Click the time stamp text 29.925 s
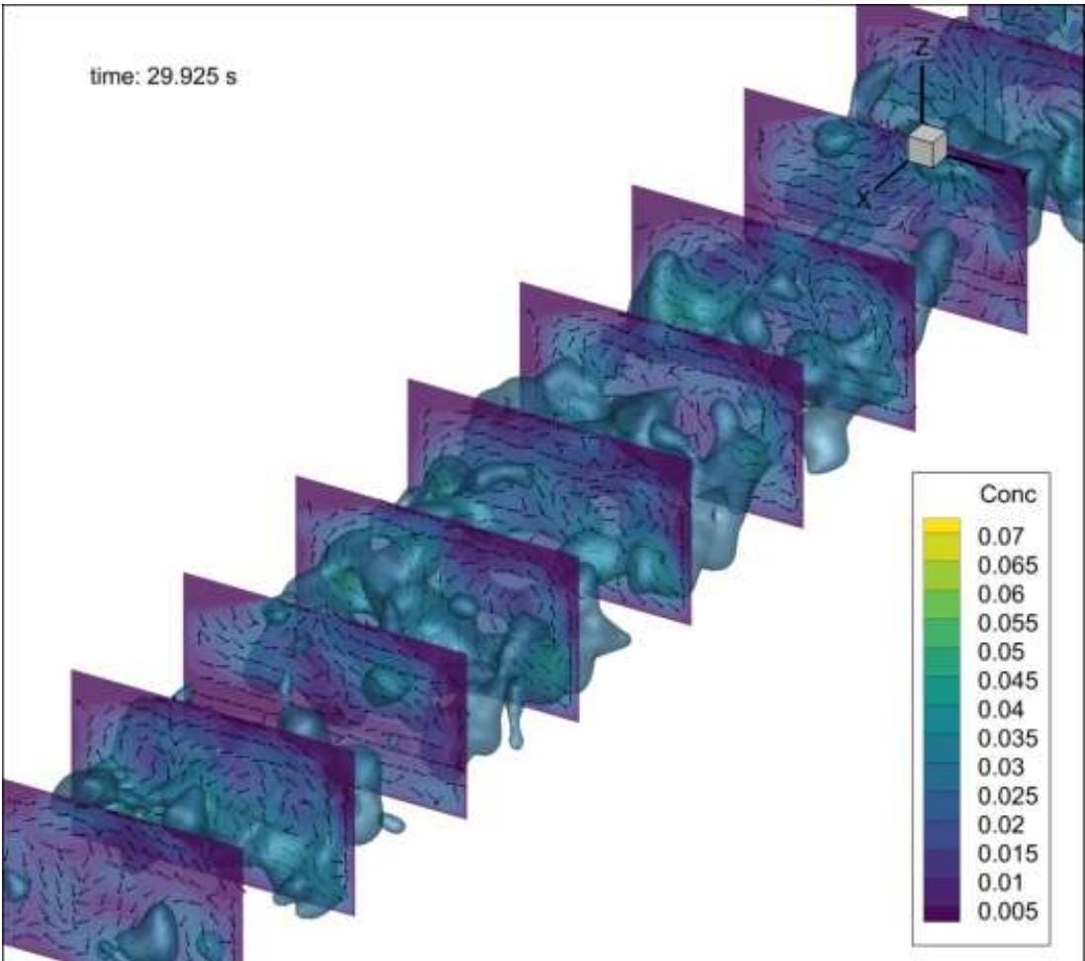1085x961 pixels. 192,76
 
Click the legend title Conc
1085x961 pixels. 1008,494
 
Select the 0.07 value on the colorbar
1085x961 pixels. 1001,536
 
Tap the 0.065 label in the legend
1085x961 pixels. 1008,565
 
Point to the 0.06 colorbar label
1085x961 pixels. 1001,595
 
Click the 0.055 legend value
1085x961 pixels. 1008,623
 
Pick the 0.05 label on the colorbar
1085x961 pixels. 1001,652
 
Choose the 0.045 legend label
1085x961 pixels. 1008,681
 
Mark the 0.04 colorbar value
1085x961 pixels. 1001,710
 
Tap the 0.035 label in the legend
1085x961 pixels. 1008,739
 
